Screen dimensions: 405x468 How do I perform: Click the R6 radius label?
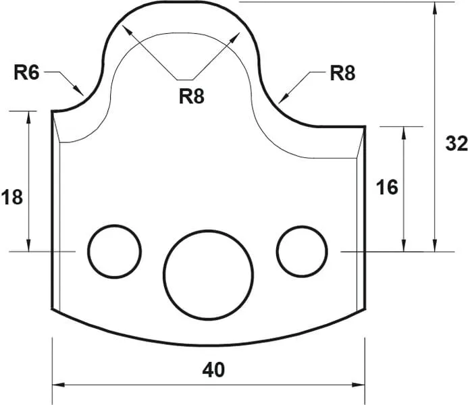[x=28, y=73]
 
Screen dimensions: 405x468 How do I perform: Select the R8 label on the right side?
[x=342, y=73]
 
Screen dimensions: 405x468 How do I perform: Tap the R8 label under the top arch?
[x=192, y=97]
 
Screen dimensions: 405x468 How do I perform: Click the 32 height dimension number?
[x=457, y=144]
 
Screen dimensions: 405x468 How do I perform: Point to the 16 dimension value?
[x=387, y=188]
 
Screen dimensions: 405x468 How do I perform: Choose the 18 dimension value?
[x=12, y=198]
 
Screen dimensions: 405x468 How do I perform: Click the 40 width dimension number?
[x=213, y=369]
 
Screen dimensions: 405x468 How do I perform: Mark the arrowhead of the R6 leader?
[x=81, y=92]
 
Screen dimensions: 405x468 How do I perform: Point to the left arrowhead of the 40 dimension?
[x=57, y=385]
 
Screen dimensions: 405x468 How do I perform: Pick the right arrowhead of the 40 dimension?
[x=362, y=385]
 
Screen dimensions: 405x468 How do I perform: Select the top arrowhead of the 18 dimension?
[x=29, y=115]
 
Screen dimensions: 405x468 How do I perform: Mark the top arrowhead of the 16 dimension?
[x=404, y=130]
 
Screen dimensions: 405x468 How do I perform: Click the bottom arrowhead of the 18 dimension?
[x=29, y=247]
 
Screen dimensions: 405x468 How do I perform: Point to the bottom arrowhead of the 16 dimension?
[x=404, y=247]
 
